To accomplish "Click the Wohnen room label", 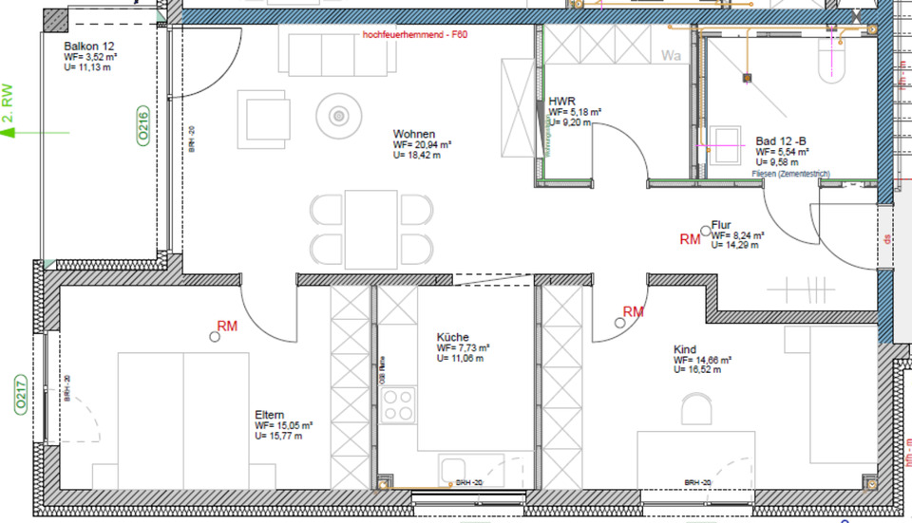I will tap(413, 134).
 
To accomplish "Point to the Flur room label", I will tap(721, 224).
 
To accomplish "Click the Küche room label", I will tap(452, 337).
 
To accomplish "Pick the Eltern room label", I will tap(270, 415).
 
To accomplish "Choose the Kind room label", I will tap(684, 349).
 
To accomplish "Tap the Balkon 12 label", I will tap(88, 46).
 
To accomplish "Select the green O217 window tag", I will tap(18, 397).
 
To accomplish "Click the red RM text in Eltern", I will tap(227, 326).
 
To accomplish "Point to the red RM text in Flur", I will tap(690, 240).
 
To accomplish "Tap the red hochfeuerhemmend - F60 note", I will tap(415, 34).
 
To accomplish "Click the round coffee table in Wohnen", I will tap(338, 116).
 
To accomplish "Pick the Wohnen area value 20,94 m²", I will tap(421, 145).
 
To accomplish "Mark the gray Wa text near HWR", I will tap(672, 55).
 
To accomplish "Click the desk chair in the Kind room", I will tap(696, 409).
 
